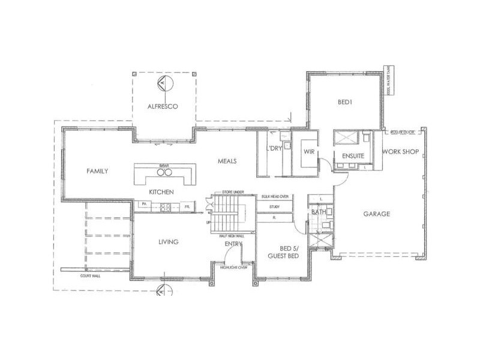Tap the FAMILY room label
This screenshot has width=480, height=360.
coord(97,171)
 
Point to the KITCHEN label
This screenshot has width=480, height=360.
coord(161,192)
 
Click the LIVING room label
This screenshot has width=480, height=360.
coord(168,242)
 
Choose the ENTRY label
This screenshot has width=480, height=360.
coord(233,244)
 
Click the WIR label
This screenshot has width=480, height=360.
coord(310,152)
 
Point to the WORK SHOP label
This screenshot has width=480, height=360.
coord(400,152)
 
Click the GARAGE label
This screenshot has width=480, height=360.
coord(376,214)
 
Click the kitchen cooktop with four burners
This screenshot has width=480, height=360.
coord(166,207)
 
